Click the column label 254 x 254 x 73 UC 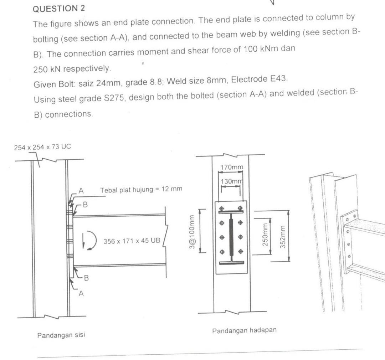[42, 147]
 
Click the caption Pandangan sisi [61, 335]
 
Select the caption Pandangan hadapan [244, 330]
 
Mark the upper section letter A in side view [81, 191]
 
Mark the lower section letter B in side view [86, 278]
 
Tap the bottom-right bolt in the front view [241, 252]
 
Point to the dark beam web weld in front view [231, 237]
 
